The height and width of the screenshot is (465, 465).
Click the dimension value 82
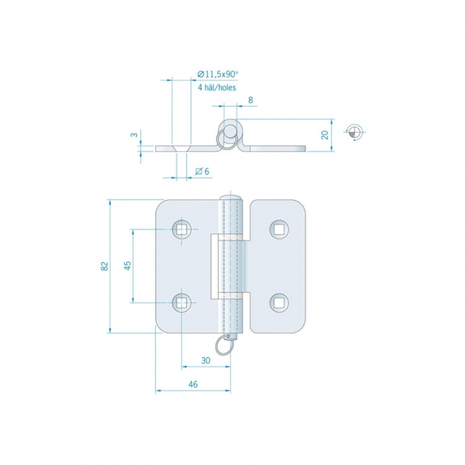[105, 266]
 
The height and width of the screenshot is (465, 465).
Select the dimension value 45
[127, 265]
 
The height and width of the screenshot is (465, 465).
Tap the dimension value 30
[205, 360]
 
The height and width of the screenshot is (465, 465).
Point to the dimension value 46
[192, 384]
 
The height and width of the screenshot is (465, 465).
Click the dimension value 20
[325, 135]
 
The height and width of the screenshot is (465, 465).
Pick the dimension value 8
[251, 100]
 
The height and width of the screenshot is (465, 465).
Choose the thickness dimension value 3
[134, 134]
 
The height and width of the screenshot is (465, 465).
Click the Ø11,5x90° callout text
[218, 74]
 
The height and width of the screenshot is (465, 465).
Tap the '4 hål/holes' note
[217, 87]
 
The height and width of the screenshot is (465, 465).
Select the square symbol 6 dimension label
[203, 171]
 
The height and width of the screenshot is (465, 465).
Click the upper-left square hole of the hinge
[181, 229]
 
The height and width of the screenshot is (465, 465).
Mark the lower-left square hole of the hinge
[181, 303]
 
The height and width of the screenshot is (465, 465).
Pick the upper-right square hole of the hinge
[279, 229]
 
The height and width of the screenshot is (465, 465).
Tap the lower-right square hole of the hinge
[279, 303]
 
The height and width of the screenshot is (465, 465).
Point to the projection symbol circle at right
[355, 132]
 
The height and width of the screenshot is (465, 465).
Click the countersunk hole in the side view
[181, 149]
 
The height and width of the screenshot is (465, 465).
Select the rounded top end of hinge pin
[231, 198]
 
